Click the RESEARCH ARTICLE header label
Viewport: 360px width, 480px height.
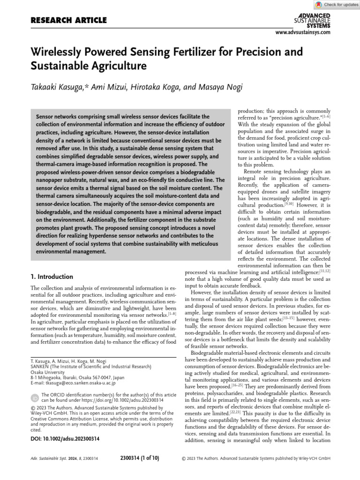click(x=68, y=20)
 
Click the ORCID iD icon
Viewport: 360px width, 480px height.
click(x=35, y=398)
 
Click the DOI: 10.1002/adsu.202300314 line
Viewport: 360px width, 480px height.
click(x=65, y=439)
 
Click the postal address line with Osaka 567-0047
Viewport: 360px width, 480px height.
click(x=77, y=376)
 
